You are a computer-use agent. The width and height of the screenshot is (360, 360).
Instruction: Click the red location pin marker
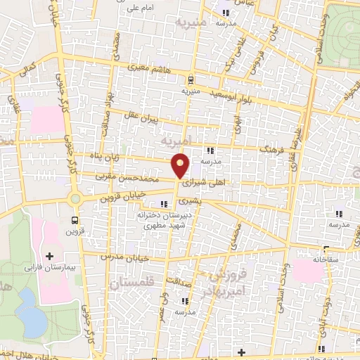point(181,165)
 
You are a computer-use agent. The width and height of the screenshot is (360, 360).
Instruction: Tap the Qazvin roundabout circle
point(77,198)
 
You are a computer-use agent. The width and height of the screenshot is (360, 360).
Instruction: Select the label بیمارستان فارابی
point(45,268)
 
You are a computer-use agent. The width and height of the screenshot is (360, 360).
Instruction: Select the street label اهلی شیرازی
point(204,180)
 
